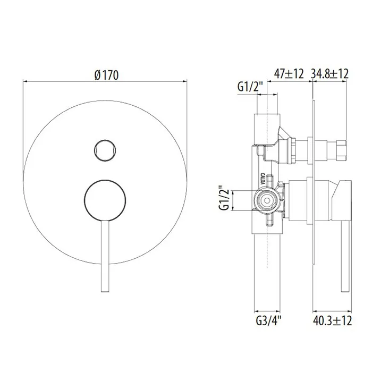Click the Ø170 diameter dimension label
coord(106,75)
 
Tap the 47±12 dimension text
coord(289,74)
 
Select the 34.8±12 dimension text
coord(329,74)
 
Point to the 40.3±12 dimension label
coord(332,321)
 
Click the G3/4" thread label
coord(268,321)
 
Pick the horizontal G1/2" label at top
coord(250,87)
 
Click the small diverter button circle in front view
coord(105,150)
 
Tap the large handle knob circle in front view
coord(105,200)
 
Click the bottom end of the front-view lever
coord(105,291)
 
